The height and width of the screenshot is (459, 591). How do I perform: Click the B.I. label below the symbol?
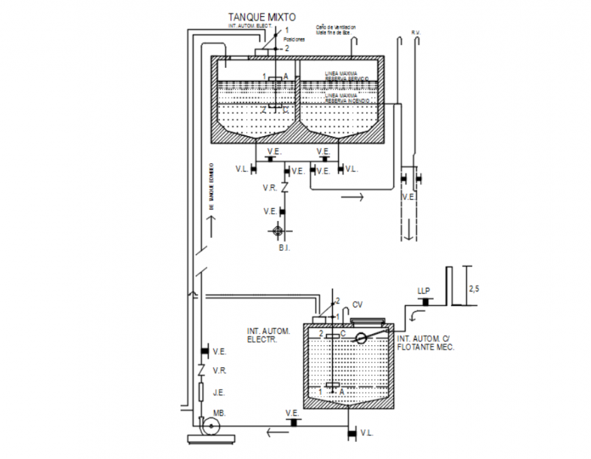pyautogui.click(x=284, y=250)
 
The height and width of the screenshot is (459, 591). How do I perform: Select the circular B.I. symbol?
pyautogui.click(x=279, y=231)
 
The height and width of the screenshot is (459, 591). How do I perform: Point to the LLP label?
pyautogui.click(x=423, y=291)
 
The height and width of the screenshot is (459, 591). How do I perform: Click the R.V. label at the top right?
pyautogui.click(x=416, y=32)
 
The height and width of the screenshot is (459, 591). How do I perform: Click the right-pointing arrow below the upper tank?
pyautogui.click(x=352, y=197)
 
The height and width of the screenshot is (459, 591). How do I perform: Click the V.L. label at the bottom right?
pyautogui.click(x=366, y=432)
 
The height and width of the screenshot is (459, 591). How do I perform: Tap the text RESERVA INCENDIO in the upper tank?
pyautogui.click(x=347, y=101)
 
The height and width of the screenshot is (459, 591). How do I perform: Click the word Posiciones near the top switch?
pyautogui.click(x=294, y=40)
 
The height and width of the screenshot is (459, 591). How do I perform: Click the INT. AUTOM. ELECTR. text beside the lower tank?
pyautogui.click(x=268, y=334)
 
